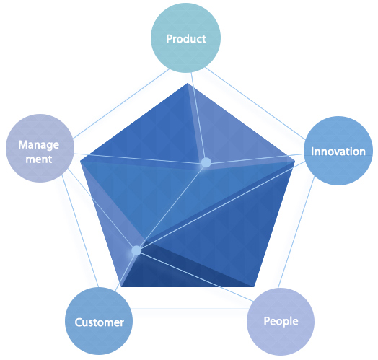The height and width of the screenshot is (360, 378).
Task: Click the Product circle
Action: point(185,38)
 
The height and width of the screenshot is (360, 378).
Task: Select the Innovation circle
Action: point(338,151)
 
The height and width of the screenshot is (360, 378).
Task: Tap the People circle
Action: point(281,322)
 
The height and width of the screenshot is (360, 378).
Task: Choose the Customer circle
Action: point(99,321)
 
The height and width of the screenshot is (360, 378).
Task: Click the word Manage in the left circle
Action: point(39,145)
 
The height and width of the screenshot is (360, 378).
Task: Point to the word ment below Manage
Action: point(39,159)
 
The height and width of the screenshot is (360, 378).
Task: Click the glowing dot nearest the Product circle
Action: point(206,162)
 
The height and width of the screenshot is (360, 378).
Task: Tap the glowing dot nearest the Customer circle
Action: point(136,250)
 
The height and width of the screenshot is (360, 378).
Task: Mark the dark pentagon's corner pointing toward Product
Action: point(188,83)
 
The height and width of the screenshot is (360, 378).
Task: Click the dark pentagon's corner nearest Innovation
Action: point(295,161)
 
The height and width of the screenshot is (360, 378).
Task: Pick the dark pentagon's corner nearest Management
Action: point(81,161)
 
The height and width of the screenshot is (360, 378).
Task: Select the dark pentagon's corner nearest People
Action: point(254,286)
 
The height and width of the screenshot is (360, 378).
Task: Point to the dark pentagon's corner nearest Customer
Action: point(121,286)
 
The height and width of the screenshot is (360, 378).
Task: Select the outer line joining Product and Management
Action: point(121,104)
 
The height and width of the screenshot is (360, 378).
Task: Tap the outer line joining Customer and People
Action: point(190,309)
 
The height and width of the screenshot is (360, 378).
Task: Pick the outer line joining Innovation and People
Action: point(296,232)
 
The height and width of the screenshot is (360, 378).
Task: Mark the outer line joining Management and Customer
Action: point(80,231)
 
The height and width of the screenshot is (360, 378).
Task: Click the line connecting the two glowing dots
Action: point(171,206)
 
